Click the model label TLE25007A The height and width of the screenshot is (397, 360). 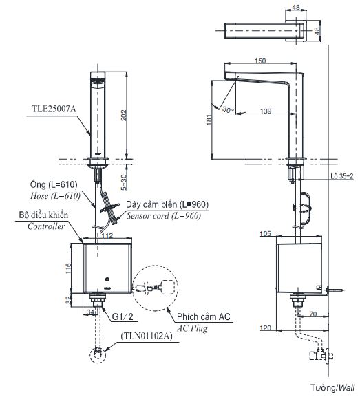coord(54,109)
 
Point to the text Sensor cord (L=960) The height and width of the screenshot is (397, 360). coord(163,215)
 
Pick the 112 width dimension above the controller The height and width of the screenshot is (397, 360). coord(107,236)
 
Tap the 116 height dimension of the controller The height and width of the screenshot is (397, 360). coord(70,268)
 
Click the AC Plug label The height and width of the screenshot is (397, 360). coord(197,329)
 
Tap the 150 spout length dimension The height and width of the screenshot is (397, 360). coord(260,61)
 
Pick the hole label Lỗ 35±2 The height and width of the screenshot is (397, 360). coord(342,177)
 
